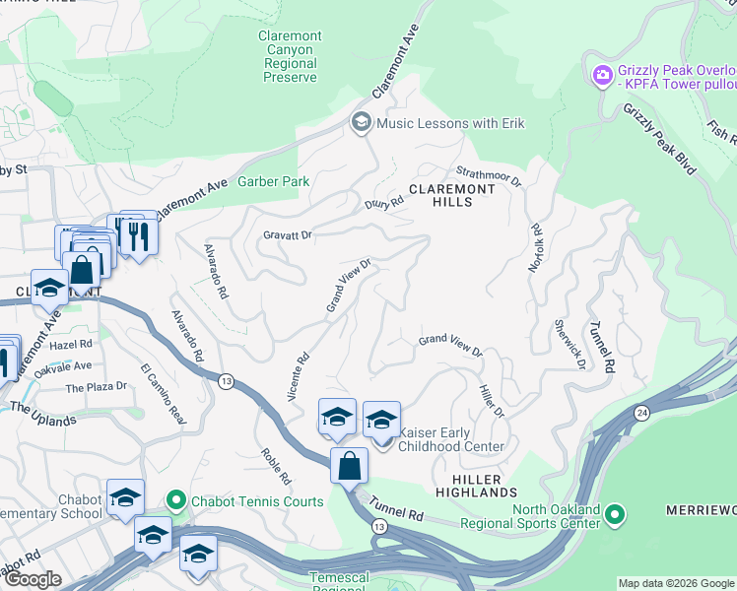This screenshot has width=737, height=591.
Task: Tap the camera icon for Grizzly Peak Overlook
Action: click(x=602, y=75)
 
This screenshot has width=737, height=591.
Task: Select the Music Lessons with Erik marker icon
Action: click(x=361, y=123)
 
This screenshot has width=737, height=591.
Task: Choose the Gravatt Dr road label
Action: click(x=287, y=235)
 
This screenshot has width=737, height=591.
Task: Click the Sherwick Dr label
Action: click(x=569, y=343)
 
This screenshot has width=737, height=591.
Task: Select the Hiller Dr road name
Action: click(x=491, y=399)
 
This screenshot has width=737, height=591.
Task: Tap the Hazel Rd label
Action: click(x=71, y=345)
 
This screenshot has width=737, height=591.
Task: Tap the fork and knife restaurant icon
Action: click(x=137, y=235)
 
